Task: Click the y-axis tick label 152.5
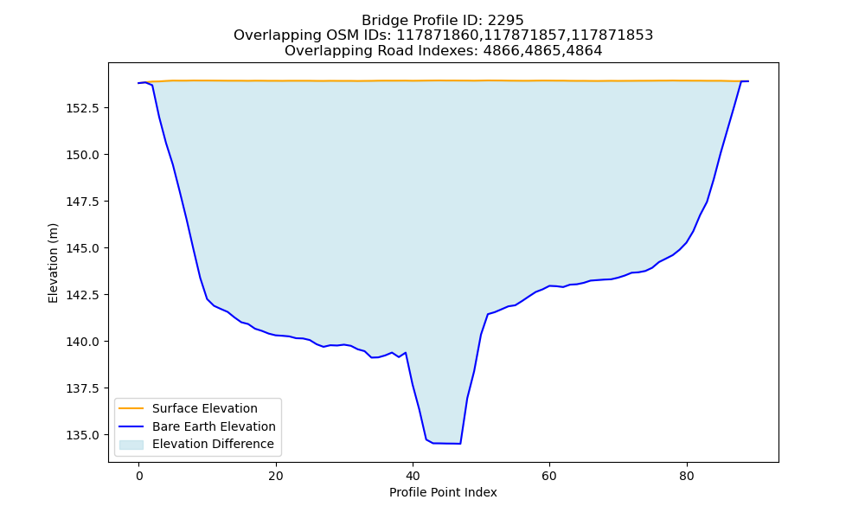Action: click(83, 108)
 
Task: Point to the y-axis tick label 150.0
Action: click(83, 155)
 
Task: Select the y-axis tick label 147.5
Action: click(83, 202)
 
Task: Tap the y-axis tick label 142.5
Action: click(83, 295)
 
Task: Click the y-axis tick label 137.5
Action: click(83, 389)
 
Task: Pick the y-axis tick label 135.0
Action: click(83, 436)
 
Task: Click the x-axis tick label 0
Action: click(139, 476)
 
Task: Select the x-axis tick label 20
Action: click(276, 476)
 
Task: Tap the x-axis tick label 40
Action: click(413, 476)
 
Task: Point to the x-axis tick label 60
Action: click(549, 476)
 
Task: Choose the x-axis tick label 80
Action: click(687, 476)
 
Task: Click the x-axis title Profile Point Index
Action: click(443, 492)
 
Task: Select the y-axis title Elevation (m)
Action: click(53, 263)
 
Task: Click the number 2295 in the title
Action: click(505, 21)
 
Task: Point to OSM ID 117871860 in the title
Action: click(439, 35)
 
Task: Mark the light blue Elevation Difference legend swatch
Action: click(131, 445)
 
